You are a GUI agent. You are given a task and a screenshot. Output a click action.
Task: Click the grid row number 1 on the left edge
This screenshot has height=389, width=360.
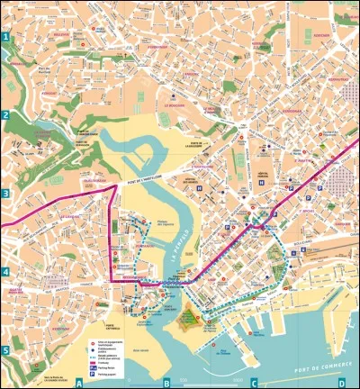point(5,37)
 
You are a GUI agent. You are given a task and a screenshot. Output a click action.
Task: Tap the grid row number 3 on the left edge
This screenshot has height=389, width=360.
point(5,193)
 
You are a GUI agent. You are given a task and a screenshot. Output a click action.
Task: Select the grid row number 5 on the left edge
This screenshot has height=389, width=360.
point(5,350)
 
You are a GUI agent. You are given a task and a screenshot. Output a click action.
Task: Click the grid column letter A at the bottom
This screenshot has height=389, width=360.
point(79,383)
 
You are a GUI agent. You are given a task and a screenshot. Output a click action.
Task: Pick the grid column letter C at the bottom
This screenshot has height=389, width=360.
point(254,383)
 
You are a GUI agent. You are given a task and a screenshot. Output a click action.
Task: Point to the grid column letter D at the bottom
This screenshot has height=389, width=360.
point(341,383)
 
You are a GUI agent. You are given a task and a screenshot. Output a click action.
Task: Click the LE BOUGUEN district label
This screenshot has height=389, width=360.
point(174,104)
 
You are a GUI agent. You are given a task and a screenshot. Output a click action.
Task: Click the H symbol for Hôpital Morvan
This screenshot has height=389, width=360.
point(261,181)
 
